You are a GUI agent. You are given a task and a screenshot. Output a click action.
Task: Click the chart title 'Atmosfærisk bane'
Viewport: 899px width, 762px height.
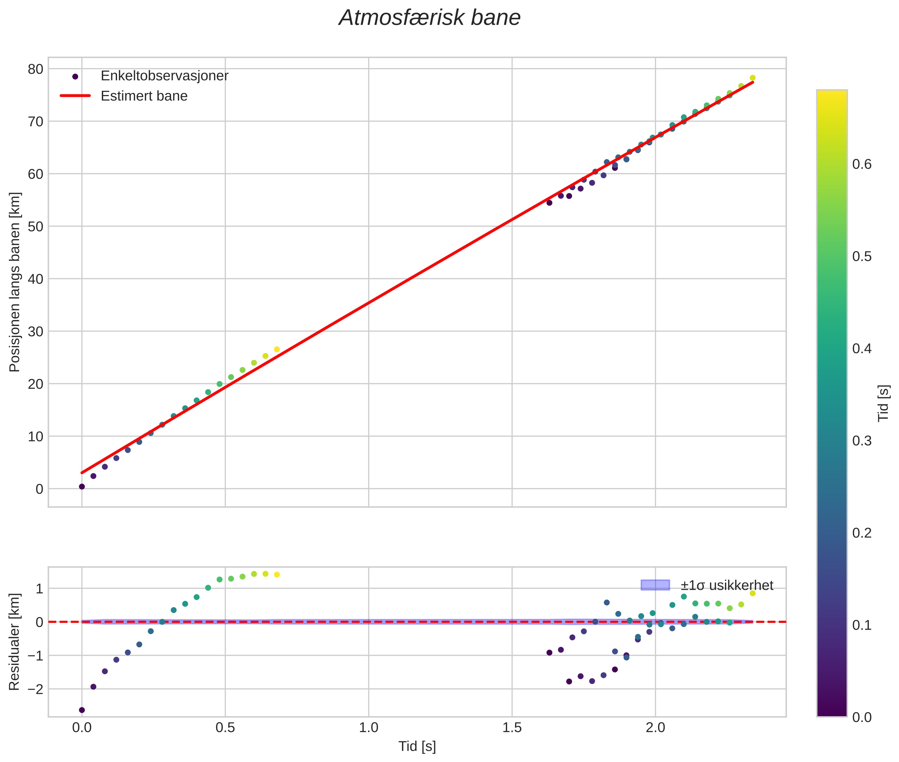coord(429,18)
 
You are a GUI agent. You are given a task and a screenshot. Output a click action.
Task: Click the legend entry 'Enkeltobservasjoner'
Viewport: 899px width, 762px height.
coord(164,76)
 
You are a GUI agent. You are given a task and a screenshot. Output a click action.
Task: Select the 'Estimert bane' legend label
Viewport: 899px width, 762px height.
coord(144,96)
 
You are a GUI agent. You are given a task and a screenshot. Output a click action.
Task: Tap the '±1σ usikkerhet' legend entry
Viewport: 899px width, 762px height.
coord(727,585)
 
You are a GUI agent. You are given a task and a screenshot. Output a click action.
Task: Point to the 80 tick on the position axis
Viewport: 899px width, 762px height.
coord(35,69)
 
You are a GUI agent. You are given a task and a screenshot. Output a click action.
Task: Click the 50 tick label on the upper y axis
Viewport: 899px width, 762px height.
coord(35,226)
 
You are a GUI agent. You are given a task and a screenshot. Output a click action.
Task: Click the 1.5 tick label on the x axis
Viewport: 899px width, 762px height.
coord(512,728)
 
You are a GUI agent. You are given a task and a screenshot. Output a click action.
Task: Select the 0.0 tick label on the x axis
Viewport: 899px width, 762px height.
coord(82,728)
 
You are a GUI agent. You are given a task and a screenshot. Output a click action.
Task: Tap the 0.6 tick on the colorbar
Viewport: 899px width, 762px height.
coord(861,165)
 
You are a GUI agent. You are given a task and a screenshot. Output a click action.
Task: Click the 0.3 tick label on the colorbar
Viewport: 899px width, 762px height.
coord(861,441)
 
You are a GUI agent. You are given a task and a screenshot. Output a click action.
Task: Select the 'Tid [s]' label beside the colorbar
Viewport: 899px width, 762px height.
coord(884,403)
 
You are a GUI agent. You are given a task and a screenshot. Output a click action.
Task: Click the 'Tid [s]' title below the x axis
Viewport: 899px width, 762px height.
coord(417,746)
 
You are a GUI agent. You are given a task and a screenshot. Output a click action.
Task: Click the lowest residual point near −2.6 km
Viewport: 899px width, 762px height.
coord(82,710)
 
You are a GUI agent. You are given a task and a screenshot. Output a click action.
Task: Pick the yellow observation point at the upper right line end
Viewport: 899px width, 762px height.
coord(752,78)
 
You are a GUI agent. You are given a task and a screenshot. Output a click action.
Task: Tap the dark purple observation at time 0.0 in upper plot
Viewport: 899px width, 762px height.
coord(82,487)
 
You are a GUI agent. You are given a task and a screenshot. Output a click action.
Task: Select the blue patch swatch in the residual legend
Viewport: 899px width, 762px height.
coord(655,585)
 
